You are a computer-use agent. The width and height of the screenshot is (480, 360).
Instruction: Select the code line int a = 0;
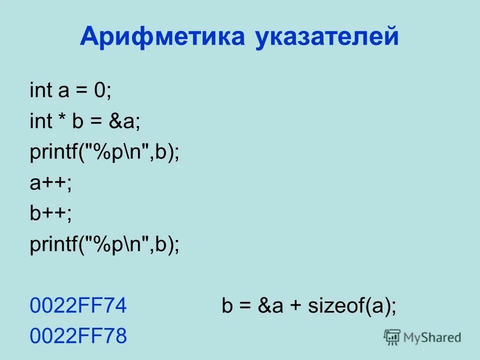71,91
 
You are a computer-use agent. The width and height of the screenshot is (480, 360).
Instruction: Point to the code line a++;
50,183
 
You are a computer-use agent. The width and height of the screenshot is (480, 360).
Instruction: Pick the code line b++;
50,214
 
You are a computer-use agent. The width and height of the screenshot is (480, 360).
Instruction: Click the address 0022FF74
78,305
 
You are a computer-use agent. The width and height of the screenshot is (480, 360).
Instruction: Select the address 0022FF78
78,336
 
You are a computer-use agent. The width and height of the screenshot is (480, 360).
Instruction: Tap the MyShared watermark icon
392,337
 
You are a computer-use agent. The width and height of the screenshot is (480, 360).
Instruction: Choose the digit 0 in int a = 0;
101,91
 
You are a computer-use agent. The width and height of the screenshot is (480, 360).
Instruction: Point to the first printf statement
104,153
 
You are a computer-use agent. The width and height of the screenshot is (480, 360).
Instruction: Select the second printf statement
104,245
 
